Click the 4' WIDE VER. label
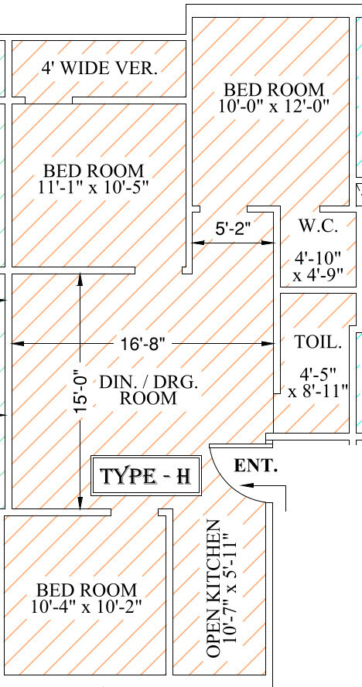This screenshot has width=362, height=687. click(x=99, y=68)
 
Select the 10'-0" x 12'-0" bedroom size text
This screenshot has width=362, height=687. click(x=275, y=106)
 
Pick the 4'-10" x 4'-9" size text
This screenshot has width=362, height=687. click(x=318, y=267)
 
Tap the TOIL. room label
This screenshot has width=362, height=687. click(x=318, y=342)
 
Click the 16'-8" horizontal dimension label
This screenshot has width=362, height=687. click(x=142, y=344)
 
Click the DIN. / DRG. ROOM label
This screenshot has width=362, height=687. click(x=149, y=390)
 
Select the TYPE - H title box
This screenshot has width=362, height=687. click(x=146, y=476)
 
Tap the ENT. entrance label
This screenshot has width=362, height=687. click(x=256, y=466)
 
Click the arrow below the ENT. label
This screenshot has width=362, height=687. click(x=263, y=485)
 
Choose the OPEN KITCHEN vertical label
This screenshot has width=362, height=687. click(x=213, y=589)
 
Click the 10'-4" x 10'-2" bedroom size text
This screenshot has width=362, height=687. click(x=87, y=598)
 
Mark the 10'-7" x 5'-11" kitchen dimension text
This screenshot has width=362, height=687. click(x=230, y=587)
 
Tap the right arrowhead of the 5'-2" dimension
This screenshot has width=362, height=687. click(x=268, y=243)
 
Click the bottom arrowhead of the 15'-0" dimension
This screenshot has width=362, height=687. click(x=80, y=503)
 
